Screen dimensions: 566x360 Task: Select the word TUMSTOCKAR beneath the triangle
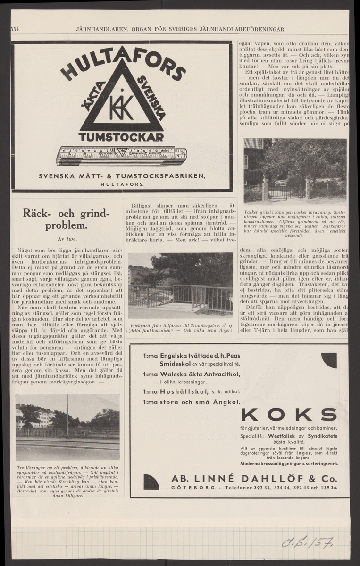tap(122, 137)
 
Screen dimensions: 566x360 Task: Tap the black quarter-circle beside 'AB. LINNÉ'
tap(151, 482)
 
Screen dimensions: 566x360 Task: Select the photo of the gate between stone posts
tap(295, 170)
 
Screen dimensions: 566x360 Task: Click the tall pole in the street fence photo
tap(67, 416)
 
